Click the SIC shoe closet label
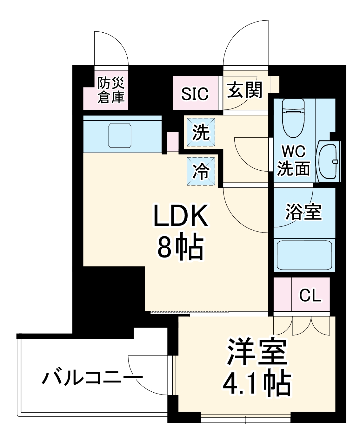pyautogui.click(x=195, y=94)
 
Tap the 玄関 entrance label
pyautogui.click(x=245, y=90)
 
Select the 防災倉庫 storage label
pyautogui.click(x=111, y=90)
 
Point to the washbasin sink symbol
pyautogui.click(x=328, y=161)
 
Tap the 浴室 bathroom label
pyautogui.click(x=303, y=212)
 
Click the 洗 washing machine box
pyautogui.click(x=201, y=132)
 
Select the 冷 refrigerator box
pyautogui.click(x=201, y=171)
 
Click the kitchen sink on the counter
pyautogui.click(x=120, y=135)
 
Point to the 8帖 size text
pyautogui.click(x=180, y=246)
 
